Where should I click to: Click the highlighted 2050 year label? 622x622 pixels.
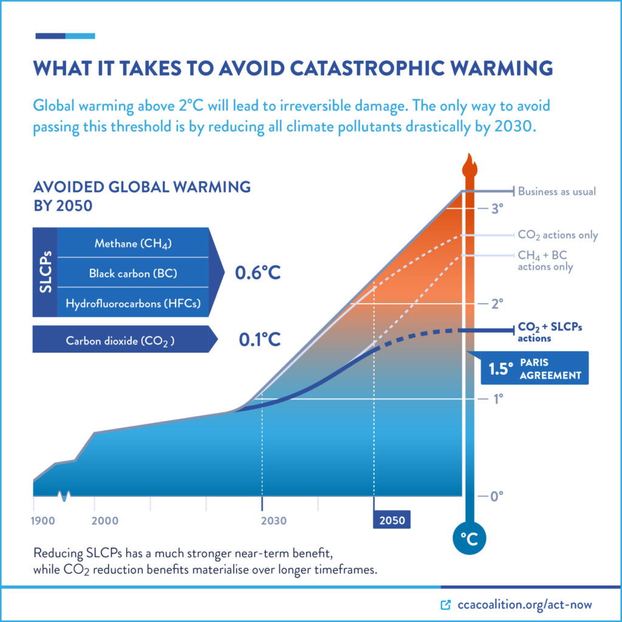pos(392,520)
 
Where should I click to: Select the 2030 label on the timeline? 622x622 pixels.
pos(275,521)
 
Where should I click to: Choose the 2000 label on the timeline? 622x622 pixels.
pos(105,521)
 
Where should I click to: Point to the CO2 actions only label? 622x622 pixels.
pos(558,235)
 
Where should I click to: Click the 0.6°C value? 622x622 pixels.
pos(258,273)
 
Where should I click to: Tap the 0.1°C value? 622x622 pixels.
pos(258,339)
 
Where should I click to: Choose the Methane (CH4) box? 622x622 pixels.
pos(133,244)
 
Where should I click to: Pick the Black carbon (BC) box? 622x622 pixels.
pos(133,273)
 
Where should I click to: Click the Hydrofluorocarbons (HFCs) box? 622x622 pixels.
pos(133,302)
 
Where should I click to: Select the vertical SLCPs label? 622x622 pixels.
pos(46,273)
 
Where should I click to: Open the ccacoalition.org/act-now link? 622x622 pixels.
pos(522,604)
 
